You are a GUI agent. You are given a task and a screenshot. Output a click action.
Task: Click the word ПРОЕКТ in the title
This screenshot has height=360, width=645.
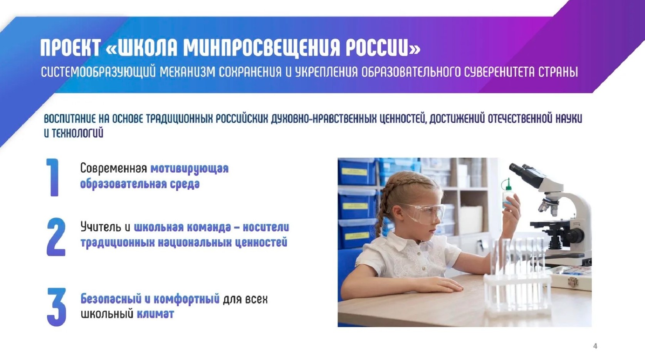70,47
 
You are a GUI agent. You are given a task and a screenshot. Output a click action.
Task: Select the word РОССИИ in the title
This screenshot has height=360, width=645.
383,47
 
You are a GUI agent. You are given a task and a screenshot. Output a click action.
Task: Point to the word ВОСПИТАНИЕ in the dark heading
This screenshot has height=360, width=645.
70,119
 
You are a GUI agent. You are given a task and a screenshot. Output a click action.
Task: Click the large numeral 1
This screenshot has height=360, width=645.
53,177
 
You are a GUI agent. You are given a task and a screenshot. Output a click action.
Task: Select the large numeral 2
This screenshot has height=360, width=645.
56,237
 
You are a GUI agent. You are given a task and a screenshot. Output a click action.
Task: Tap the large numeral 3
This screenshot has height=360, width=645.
56,307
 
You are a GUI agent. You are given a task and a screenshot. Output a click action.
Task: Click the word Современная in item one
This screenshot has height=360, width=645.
114,168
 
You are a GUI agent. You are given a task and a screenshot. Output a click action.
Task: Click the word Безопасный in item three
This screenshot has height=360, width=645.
111,299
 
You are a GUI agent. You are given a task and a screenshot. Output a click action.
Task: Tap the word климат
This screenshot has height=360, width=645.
155,314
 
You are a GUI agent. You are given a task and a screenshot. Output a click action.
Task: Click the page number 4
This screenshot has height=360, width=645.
595,346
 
